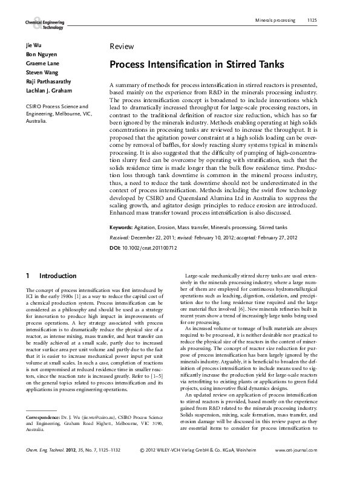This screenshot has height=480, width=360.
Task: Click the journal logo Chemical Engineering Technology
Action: (x=44, y=24)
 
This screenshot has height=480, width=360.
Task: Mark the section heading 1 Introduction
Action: (x=51, y=276)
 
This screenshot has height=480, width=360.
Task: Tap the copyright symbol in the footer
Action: (x=142, y=468)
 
